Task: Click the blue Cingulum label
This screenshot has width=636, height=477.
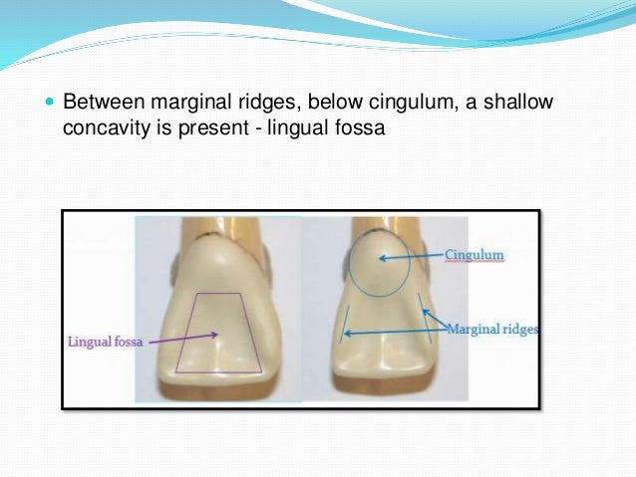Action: click(475, 256)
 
